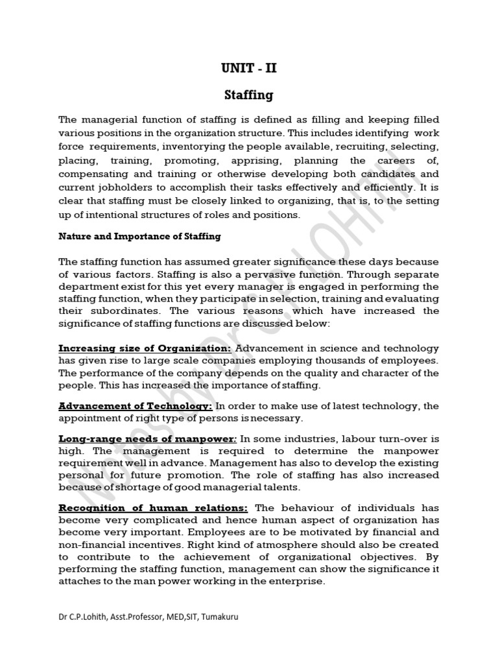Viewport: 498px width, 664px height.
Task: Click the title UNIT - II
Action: (x=249, y=68)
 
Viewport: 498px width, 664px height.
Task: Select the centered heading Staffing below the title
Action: (x=249, y=95)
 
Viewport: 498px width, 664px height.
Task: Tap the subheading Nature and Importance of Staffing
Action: (x=139, y=237)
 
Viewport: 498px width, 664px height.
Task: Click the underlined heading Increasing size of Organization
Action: (x=145, y=348)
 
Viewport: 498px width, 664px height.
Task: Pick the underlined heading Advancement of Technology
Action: (x=136, y=406)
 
